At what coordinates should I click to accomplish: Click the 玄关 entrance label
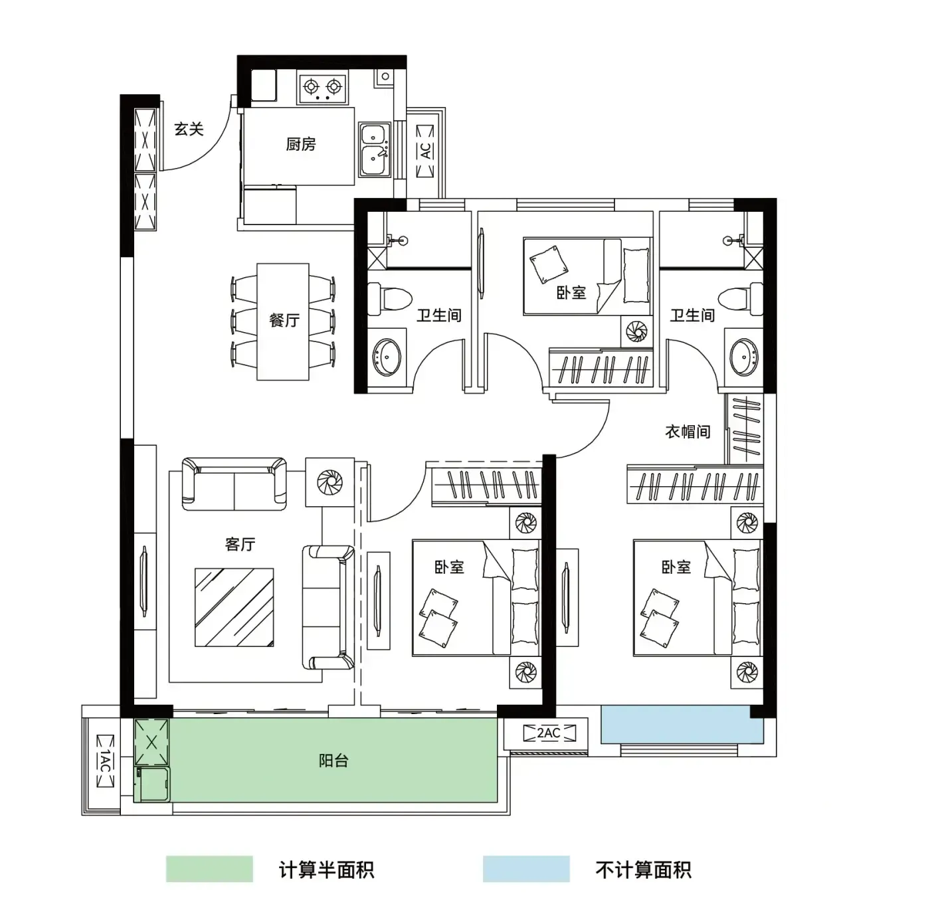pyautogui.click(x=189, y=129)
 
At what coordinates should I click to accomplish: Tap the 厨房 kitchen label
pyautogui.click(x=301, y=144)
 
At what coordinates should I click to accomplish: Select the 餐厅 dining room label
pyautogui.click(x=284, y=319)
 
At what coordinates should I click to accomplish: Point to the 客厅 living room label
pyautogui.click(x=240, y=544)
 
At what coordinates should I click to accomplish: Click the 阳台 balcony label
pyautogui.click(x=333, y=761)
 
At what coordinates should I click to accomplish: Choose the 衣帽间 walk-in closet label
pyautogui.click(x=688, y=431)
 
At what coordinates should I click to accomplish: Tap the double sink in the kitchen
pyautogui.click(x=375, y=149)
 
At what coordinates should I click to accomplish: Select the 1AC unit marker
pyautogui.click(x=105, y=761)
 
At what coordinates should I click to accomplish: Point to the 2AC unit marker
pyautogui.click(x=549, y=733)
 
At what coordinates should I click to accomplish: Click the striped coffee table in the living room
pyautogui.click(x=234, y=607)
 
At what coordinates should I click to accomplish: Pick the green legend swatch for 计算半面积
pyautogui.click(x=209, y=869)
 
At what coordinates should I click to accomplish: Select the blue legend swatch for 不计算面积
pyautogui.click(x=526, y=869)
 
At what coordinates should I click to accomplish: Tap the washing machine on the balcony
pyautogui.click(x=153, y=784)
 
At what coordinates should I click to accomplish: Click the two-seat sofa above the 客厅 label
pyautogui.click(x=234, y=484)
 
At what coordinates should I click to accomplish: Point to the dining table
pyautogui.click(x=283, y=321)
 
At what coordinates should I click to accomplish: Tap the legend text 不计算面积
pyautogui.click(x=643, y=869)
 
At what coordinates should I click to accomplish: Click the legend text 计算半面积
pyautogui.click(x=326, y=869)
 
